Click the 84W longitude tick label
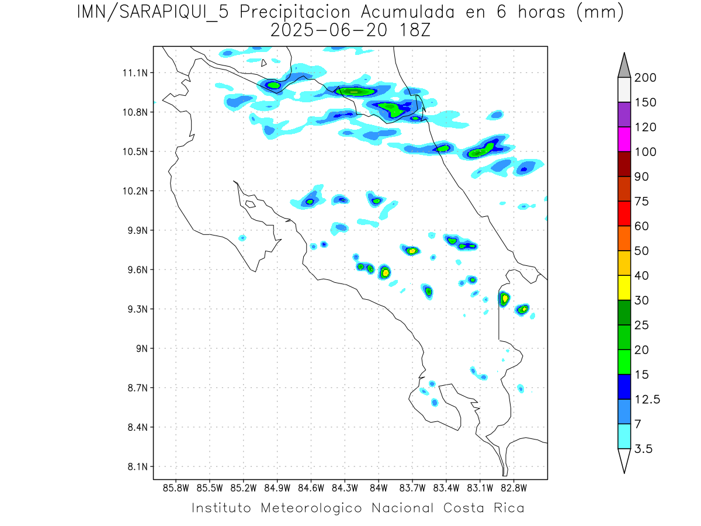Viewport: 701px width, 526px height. pos(379,487)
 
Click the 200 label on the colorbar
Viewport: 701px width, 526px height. pos(645,78)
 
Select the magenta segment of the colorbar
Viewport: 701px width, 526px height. pos(624,140)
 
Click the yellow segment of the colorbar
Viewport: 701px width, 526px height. pos(624,288)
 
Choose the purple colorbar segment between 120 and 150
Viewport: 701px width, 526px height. pos(624,115)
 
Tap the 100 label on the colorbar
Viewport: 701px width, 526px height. pos(645,152)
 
